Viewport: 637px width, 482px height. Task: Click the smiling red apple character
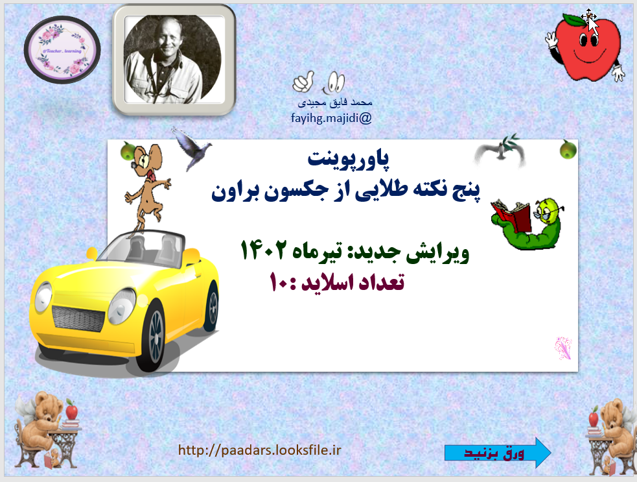coord(585,46)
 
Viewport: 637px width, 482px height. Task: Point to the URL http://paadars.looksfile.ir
coord(259,450)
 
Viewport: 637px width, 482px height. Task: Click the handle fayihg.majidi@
coord(331,118)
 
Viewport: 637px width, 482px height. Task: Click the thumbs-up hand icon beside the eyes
coord(302,82)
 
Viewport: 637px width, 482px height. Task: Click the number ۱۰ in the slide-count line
coord(281,283)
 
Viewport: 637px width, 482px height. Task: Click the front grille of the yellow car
coord(78,317)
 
